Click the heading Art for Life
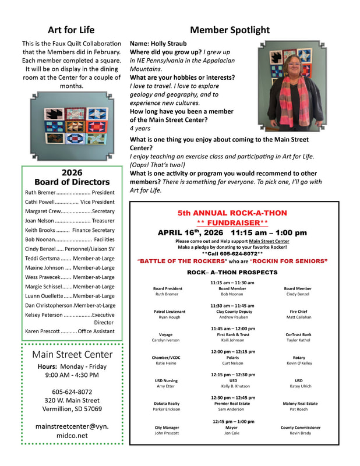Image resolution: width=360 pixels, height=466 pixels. coord(72,30)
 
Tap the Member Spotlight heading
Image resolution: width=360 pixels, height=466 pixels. coord(230,30)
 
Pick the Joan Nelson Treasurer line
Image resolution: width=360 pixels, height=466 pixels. coord(70,221)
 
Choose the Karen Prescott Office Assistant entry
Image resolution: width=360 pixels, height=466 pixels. coord(70,331)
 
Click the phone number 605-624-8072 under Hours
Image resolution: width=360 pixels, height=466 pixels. coord(72,392)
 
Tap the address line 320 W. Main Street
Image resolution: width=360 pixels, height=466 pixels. coord(72,401)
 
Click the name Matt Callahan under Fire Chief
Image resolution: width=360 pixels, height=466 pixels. coord(298,317)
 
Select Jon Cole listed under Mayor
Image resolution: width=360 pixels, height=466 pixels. coord(232,433)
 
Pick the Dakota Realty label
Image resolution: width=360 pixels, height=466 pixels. coord(167,403)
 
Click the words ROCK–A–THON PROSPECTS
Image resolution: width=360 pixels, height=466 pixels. coord(232,272)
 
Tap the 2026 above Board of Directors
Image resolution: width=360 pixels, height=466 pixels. coord(72,172)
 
